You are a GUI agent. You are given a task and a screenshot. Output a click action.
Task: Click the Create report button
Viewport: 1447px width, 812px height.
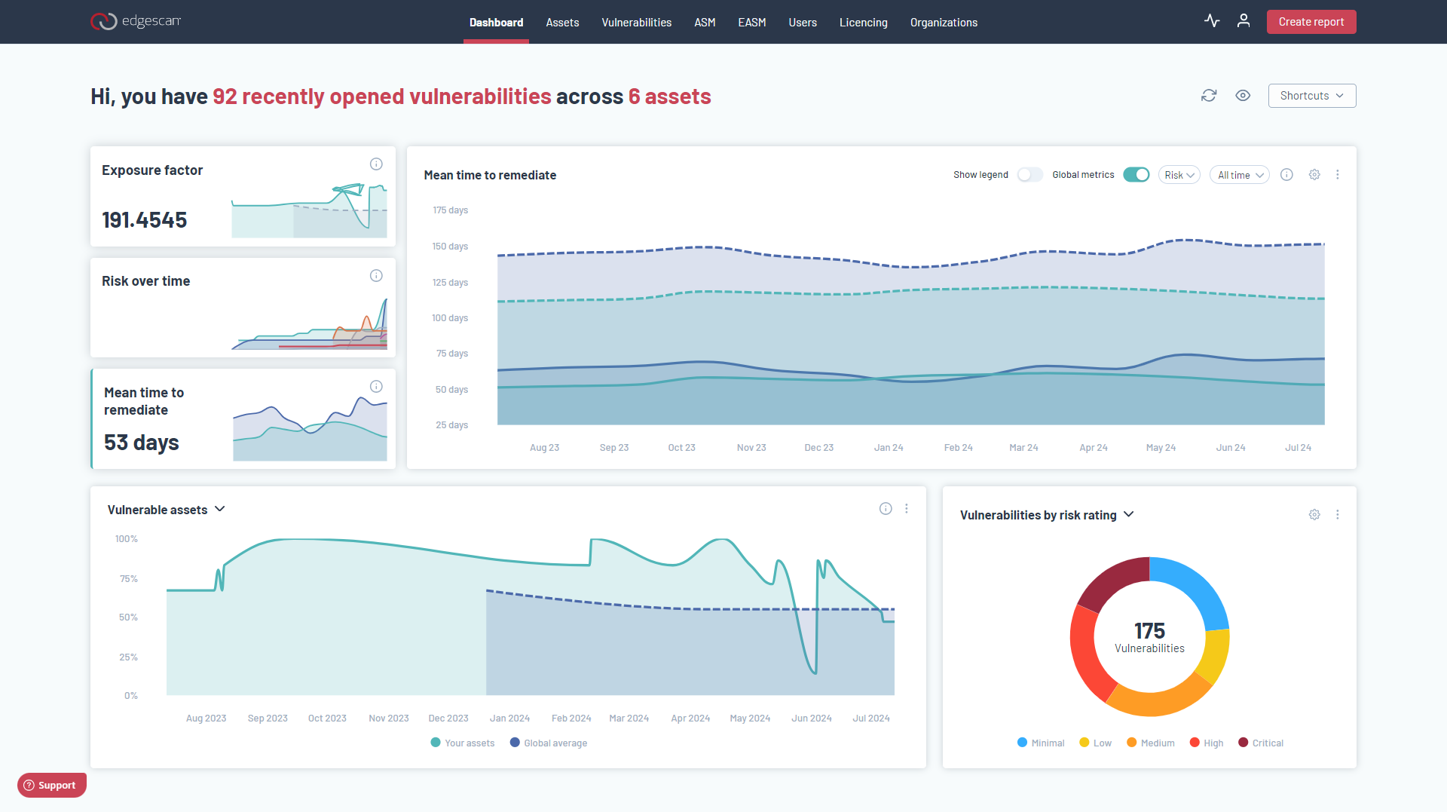(1311, 22)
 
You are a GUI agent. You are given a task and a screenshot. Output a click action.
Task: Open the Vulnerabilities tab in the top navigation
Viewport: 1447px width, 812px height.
(636, 23)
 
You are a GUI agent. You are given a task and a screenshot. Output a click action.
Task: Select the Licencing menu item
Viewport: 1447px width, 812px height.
(863, 23)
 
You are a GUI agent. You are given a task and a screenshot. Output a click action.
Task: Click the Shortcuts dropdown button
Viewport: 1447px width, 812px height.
(1311, 96)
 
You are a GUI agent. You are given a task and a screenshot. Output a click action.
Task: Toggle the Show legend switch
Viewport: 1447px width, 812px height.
(1029, 175)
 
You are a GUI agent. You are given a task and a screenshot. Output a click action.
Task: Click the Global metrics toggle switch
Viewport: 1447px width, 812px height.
(1136, 175)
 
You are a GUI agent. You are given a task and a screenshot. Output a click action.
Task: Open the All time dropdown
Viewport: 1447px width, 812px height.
(1240, 175)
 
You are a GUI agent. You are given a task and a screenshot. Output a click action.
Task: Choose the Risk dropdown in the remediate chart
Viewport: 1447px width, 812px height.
(1179, 175)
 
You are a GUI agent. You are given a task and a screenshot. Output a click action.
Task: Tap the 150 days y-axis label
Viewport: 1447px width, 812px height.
(450, 247)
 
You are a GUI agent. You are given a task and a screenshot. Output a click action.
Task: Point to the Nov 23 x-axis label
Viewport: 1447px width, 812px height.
(751, 448)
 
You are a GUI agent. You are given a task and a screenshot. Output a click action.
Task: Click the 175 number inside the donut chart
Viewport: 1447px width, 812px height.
(1149, 630)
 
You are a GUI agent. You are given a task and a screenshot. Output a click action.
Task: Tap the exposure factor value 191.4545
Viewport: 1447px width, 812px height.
(145, 220)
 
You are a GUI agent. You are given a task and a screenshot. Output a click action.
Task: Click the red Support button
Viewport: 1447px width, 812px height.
(51, 785)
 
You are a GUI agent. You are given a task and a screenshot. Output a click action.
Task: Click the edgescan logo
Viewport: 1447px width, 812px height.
(136, 21)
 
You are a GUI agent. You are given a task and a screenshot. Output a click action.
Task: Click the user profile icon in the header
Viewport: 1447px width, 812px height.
(1244, 21)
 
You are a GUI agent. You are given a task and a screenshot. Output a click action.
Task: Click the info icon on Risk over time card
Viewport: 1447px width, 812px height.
(376, 276)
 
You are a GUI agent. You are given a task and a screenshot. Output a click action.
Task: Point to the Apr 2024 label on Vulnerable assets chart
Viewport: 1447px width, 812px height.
(690, 719)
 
